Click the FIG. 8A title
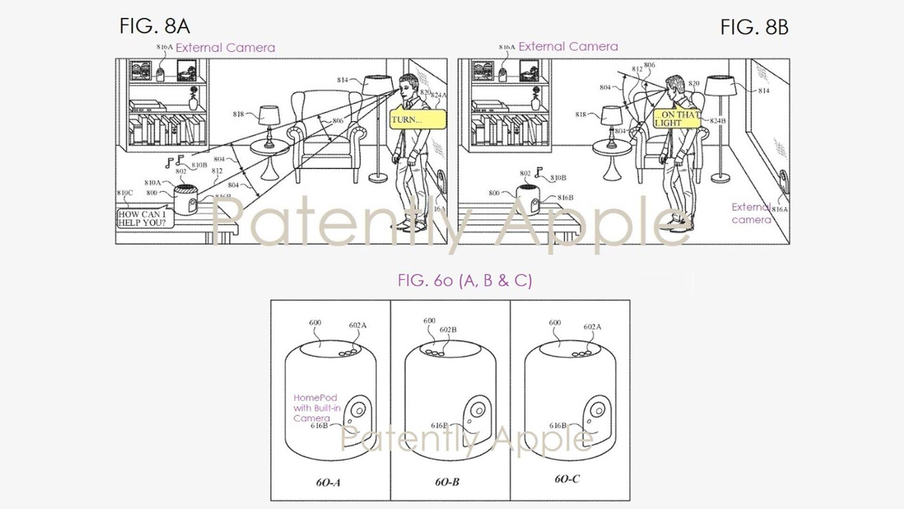[155, 26]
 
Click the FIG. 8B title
[754, 27]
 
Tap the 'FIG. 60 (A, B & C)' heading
[464, 280]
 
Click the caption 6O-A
[328, 482]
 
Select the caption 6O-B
[447, 482]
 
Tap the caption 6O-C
[567, 479]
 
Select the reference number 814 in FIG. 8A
[342, 80]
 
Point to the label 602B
[448, 329]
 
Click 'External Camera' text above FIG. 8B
[568, 47]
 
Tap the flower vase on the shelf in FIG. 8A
[193, 99]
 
